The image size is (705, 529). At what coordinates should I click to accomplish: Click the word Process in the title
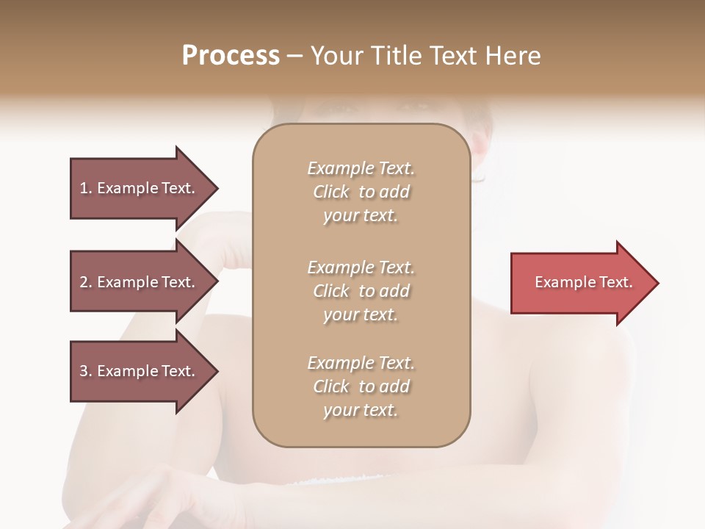(x=231, y=56)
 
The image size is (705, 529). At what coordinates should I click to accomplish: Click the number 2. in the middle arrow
(x=86, y=282)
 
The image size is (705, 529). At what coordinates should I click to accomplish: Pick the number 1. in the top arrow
(x=86, y=188)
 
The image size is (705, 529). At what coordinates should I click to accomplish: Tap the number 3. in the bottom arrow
(x=86, y=371)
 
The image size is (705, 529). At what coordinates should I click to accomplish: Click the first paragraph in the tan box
(x=361, y=192)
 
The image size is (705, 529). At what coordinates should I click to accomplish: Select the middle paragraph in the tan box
(x=361, y=291)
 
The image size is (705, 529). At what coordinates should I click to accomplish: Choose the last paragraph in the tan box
(x=361, y=386)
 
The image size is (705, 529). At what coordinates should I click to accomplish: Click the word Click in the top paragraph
(x=331, y=192)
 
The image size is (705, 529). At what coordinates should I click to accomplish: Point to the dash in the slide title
(x=295, y=56)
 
